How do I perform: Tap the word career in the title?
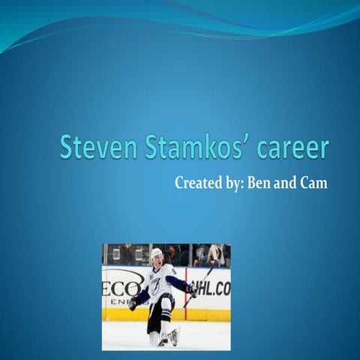click(x=292, y=148)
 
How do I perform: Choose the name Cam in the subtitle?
click(x=314, y=182)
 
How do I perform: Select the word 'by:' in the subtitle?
click(x=232, y=183)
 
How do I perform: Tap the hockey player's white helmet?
click(x=156, y=253)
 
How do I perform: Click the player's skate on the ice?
click(x=172, y=337)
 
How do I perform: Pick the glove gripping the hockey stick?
click(x=192, y=289)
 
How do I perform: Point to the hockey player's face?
click(x=157, y=261)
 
